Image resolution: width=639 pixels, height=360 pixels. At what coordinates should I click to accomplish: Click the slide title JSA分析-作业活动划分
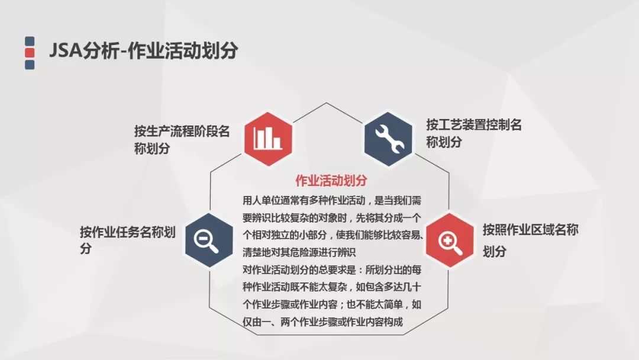[143, 51]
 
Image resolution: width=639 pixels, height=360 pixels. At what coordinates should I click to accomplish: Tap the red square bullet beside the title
[30, 53]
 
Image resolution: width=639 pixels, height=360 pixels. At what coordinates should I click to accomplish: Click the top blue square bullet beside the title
[30, 41]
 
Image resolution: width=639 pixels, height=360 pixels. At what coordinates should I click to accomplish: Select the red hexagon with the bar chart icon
[268, 139]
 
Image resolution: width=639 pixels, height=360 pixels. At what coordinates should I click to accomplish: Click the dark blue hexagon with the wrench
[388, 139]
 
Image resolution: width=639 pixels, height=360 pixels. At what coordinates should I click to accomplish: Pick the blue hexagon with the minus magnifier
[209, 240]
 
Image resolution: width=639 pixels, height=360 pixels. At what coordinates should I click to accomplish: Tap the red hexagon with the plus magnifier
[450, 240]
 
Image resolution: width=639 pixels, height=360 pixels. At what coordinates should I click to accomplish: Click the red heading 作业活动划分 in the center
[331, 181]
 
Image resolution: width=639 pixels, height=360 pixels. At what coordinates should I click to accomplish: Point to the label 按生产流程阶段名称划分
[182, 139]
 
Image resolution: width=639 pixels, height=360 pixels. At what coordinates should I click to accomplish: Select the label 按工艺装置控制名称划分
[474, 133]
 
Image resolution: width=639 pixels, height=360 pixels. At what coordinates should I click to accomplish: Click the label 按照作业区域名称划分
[531, 240]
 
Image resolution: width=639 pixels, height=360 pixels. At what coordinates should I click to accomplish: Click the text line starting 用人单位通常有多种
[332, 200]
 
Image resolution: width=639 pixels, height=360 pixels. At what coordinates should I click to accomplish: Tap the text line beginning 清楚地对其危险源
[299, 252]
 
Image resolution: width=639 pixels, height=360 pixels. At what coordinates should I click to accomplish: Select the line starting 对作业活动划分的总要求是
[332, 270]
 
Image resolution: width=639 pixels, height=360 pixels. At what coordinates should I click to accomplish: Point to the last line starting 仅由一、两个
[322, 322]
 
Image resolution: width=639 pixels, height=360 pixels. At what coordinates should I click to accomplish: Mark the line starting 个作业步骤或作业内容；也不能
[332, 304]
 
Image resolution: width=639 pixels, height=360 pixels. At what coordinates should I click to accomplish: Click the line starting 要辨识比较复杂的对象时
[332, 218]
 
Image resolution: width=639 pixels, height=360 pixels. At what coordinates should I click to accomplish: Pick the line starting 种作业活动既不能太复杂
[332, 287]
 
